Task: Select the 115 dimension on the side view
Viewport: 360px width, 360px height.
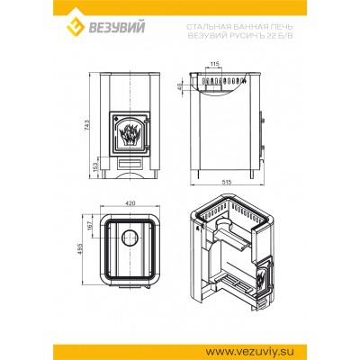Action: [214, 64]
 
